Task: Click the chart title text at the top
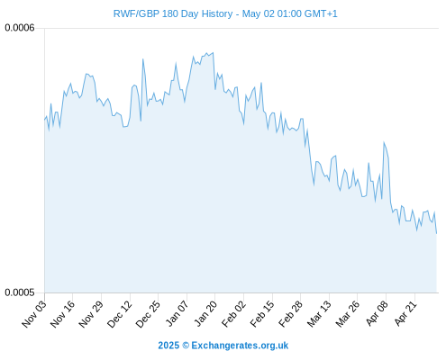pos(225,13)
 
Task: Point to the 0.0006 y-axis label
pos(20,28)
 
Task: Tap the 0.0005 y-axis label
pos(20,292)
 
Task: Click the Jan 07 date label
pos(177,313)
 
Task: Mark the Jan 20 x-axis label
pos(205,313)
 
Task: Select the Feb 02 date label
pos(233,313)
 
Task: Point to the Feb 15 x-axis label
pos(262,313)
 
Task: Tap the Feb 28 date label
pos(291,313)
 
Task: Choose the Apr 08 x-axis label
pos(377,313)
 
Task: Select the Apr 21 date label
pos(405,313)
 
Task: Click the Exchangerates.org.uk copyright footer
pos(223,346)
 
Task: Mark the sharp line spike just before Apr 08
pos(384,142)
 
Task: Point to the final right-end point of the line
pos(436,233)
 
